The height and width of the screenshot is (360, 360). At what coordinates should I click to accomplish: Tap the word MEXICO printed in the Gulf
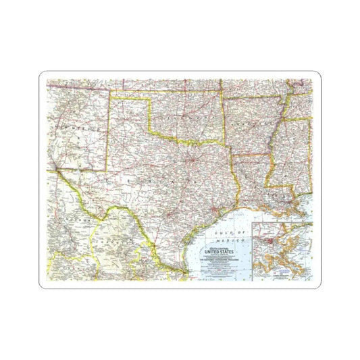(x=232, y=239)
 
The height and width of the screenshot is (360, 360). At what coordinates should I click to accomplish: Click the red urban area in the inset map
(x=270, y=239)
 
